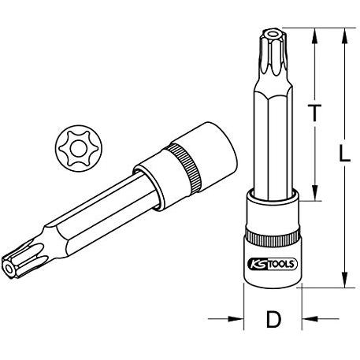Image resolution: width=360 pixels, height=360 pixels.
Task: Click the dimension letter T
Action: (314, 113)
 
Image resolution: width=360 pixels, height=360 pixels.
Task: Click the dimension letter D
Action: (273, 319)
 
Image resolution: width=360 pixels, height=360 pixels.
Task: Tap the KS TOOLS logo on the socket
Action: (273, 264)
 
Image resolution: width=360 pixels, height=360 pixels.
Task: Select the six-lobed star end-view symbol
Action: (79, 148)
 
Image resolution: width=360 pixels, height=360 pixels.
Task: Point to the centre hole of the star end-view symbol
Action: (79, 149)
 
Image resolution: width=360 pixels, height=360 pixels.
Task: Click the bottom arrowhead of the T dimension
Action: (314, 193)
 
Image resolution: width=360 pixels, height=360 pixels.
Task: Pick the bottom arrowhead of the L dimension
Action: (345, 280)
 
